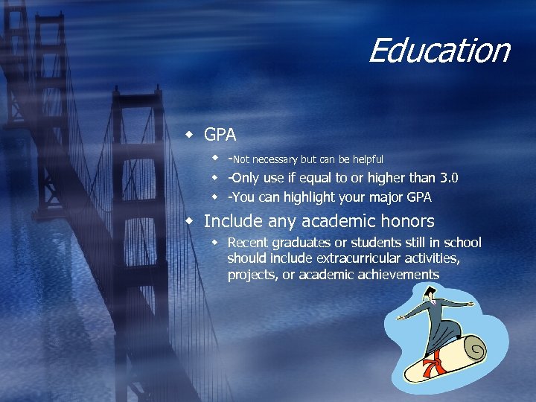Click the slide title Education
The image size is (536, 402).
click(438, 51)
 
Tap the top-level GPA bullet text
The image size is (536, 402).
click(220, 135)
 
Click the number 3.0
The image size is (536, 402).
click(449, 178)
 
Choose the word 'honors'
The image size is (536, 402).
click(407, 221)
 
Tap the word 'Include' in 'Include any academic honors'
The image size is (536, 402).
click(229, 221)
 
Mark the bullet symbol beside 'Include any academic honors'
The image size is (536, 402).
click(191, 221)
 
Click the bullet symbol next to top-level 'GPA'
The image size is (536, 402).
click(191, 135)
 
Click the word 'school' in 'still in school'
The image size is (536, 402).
click(462, 243)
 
